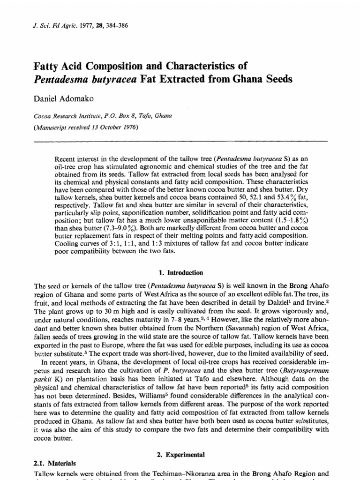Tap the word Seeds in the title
pos(276,79)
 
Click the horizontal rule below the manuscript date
pos(180,140)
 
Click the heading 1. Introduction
pos(180,272)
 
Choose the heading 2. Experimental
pos(180,454)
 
